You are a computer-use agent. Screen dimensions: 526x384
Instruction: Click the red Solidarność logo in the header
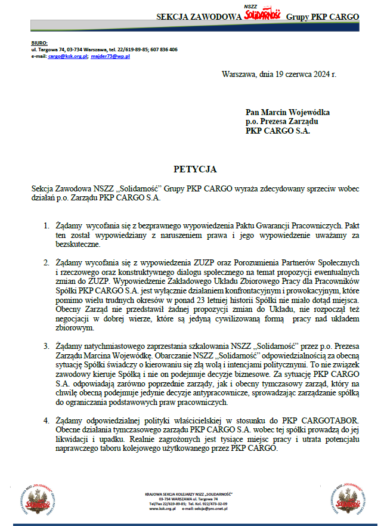pos(263,13)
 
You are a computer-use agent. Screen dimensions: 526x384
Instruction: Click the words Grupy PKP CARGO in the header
pos(323,16)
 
